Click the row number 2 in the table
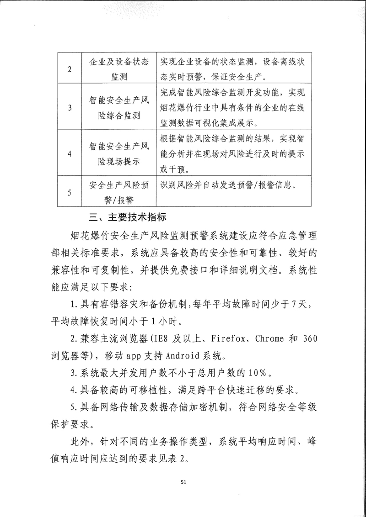click(70, 69)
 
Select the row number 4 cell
click(70, 154)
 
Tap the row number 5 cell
click(70, 193)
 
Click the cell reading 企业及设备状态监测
click(119, 69)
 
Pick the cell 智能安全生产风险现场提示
click(119, 154)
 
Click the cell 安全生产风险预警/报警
click(119, 193)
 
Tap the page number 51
click(183, 482)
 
